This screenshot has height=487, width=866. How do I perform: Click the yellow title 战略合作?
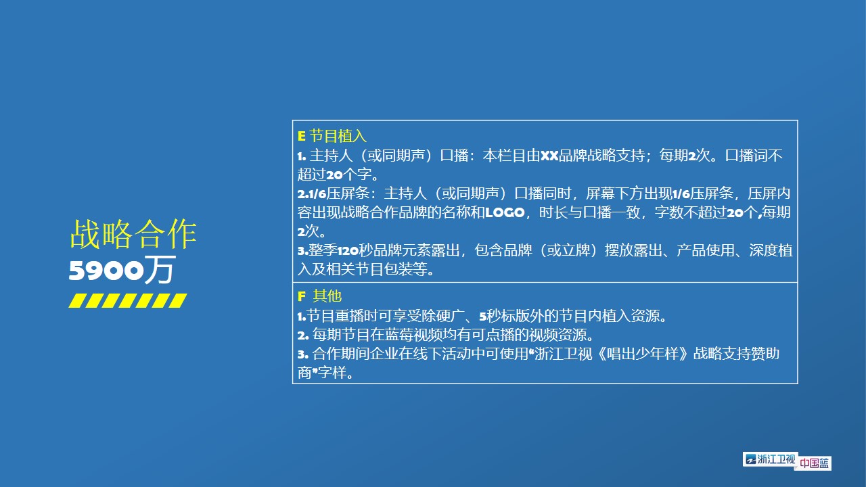click(x=133, y=234)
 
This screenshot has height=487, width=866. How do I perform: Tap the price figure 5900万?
click(x=122, y=269)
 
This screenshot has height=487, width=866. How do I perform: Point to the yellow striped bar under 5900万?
click(x=128, y=301)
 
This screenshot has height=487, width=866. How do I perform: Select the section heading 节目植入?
click(x=338, y=136)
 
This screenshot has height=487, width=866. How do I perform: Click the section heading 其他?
click(x=327, y=296)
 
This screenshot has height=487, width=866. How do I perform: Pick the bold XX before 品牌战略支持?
click(x=549, y=156)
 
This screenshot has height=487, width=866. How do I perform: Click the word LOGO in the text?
click(x=505, y=212)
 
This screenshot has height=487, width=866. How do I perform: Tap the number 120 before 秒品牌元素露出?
click(x=348, y=251)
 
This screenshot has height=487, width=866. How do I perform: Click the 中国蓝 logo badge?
click(x=814, y=463)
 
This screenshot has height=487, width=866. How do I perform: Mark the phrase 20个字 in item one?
click(x=349, y=175)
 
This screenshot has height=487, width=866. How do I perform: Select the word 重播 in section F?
click(x=349, y=316)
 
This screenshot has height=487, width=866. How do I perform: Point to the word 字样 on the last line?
click(x=332, y=373)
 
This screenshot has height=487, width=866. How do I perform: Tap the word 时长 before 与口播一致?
click(x=553, y=212)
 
